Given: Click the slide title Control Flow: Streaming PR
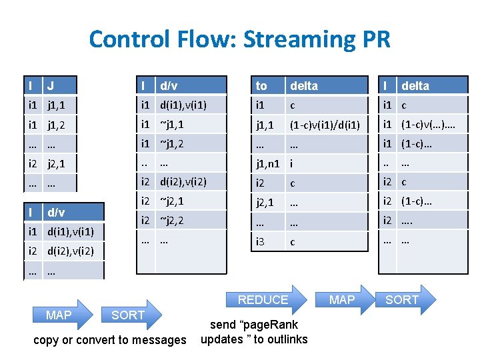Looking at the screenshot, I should click(239, 39).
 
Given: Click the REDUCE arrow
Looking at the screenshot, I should click(263, 300).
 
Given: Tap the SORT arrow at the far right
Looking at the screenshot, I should click(402, 300).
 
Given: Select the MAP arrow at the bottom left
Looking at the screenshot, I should click(59, 315).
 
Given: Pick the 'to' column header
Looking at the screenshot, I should click(261, 85).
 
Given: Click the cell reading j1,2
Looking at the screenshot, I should click(56, 124).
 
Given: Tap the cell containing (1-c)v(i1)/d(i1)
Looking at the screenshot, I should click(325, 124).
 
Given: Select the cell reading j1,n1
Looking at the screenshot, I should click(267, 161).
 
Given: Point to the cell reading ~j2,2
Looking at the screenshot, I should click(172, 220).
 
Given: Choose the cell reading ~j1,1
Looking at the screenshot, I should click(172, 124).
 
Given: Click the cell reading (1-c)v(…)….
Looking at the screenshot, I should click(428, 124).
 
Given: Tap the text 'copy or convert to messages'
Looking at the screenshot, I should click(110, 340).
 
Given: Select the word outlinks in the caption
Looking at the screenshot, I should click(287, 339).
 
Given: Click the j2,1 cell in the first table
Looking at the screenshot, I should click(56, 161).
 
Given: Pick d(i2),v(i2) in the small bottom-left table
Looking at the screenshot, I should click(69, 251).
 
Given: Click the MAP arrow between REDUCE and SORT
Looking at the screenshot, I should click(341, 300).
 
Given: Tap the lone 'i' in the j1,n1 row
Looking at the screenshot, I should click(291, 161).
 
